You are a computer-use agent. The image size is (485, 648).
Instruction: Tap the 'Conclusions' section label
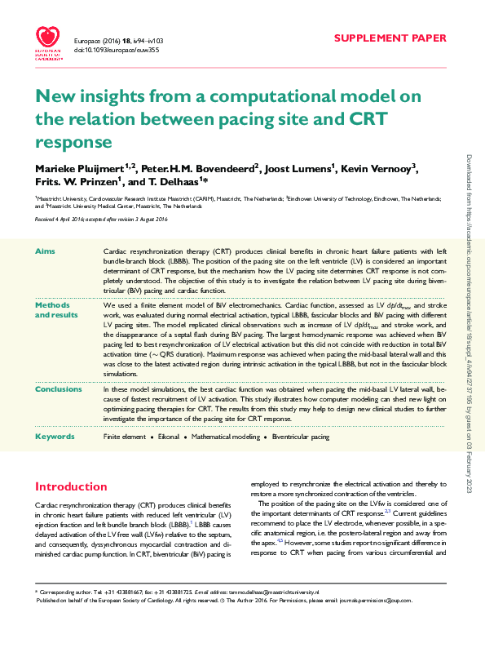pos(58,389)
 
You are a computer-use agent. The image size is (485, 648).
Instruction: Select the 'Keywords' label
pos(55,437)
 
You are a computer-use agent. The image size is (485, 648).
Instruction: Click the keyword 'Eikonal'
pos(170,437)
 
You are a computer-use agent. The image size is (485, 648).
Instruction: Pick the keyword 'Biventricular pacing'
pos(301,437)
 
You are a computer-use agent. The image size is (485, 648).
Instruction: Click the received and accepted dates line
pos(101,220)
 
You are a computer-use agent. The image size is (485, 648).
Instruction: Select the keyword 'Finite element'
pos(125,437)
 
